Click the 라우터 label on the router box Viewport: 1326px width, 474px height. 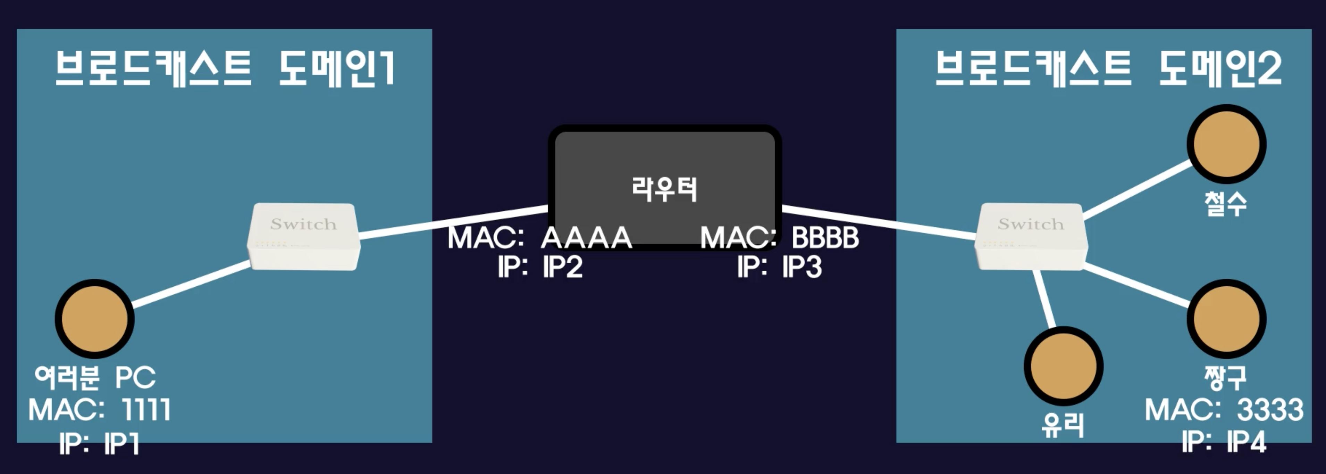(x=664, y=189)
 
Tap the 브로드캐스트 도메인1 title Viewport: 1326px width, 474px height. (x=225, y=68)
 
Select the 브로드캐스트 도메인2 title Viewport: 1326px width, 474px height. (x=1108, y=68)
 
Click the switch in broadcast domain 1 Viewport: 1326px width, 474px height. (x=304, y=237)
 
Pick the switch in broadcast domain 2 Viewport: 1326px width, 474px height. (x=1031, y=237)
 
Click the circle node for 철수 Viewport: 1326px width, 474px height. (x=1227, y=144)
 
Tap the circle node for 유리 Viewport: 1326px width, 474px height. (x=1064, y=366)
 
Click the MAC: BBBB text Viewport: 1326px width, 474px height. (x=779, y=237)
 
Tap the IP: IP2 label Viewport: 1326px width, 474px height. (x=540, y=267)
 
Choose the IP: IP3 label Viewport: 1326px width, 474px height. (x=779, y=267)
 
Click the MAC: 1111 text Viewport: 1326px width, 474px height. (x=99, y=410)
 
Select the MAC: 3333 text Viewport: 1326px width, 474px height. (x=1224, y=410)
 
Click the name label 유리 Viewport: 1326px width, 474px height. (x=1063, y=426)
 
